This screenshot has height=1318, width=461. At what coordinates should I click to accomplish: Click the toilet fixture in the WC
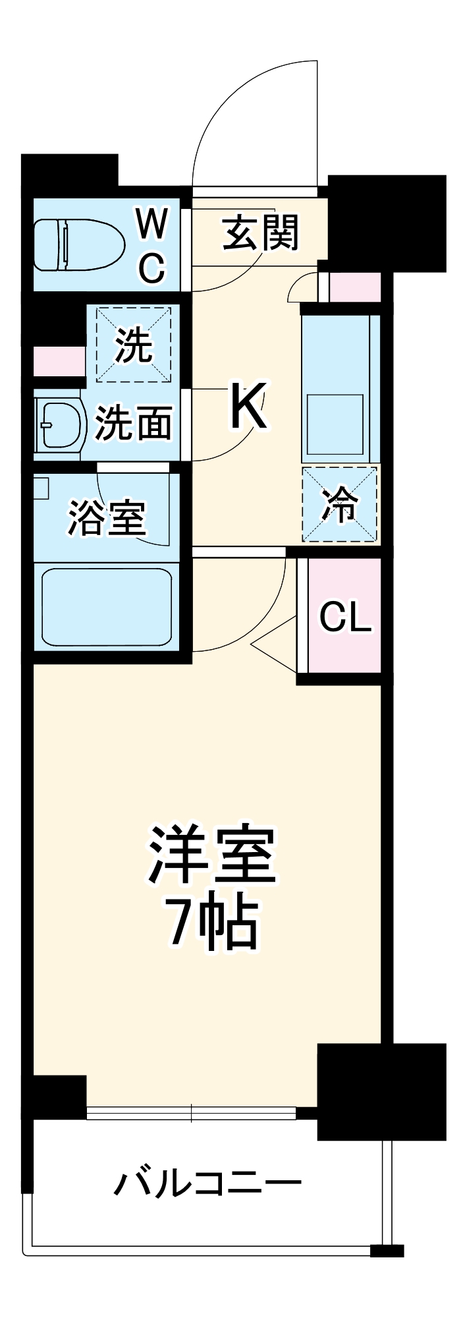tap(79, 244)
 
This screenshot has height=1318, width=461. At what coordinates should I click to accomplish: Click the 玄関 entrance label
tap(261, 233)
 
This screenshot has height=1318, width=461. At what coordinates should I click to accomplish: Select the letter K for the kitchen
tap(248, 406)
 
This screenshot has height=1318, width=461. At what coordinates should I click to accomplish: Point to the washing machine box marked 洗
tap(134, 344)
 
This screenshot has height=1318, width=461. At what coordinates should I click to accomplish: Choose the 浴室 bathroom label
tap(107, 517)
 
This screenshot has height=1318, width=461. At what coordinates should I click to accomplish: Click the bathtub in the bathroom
tap(107, 606)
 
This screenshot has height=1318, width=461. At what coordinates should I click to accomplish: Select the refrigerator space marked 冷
tap(340, 504)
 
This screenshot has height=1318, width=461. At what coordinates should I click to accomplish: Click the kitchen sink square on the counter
tap(335, 424)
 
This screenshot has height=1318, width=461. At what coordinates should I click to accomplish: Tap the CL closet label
tap(346, 617)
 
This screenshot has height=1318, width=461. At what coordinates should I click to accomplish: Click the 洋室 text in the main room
tap(212, 855)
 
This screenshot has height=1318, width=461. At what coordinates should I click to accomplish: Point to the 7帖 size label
tap(212, 921)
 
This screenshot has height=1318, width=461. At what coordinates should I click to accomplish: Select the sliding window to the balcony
tap(191, 1113)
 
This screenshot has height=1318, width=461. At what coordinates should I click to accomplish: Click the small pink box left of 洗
tap(59, 361)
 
